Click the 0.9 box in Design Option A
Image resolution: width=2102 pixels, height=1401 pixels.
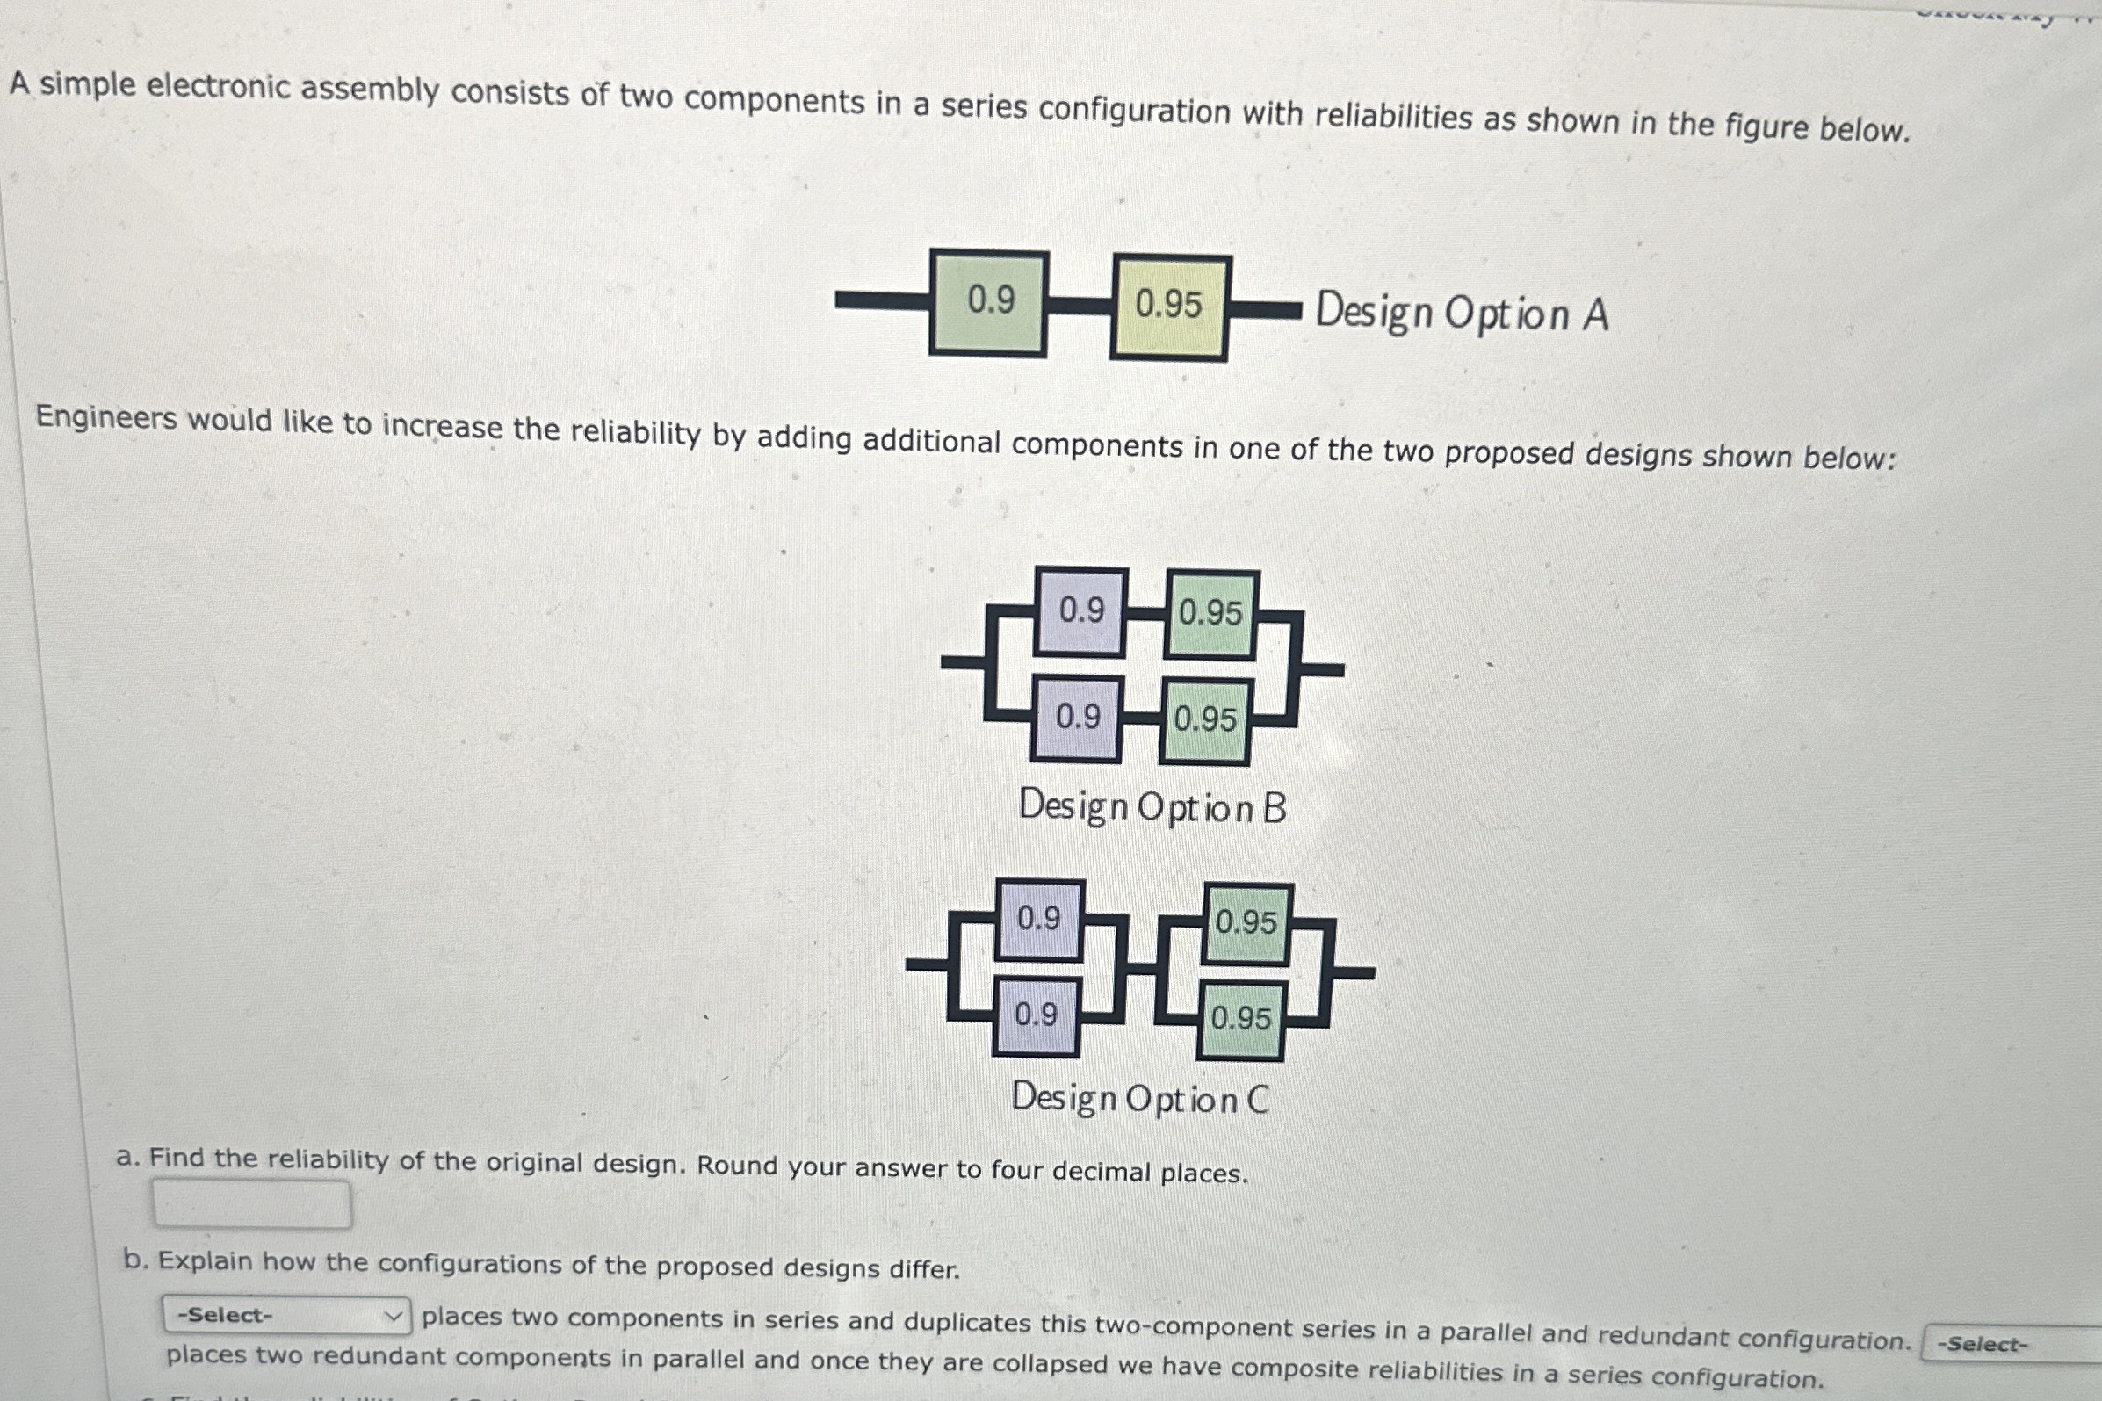(x=989, y=303)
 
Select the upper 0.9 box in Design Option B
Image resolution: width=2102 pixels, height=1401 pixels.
(x=1081, y=612)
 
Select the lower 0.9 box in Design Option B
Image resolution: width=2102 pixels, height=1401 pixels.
(x=1078, y=719)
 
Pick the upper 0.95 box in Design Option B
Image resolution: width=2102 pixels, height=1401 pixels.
(x=1211, y=615)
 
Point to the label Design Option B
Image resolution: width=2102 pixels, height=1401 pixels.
(x=1152, y=808)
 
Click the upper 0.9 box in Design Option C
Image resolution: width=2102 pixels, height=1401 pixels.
(x=1040, y=920)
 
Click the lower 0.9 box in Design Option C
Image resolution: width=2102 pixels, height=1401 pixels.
(x=1037, y=1016)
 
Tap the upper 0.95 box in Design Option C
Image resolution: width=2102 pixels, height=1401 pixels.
(x=1247, y=924)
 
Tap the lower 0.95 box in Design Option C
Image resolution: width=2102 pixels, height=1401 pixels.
(x=1242, y=1021)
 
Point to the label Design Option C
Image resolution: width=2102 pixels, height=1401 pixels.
(x=1140, y=1099)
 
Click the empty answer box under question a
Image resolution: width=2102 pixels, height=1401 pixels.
(x=252, y=1204)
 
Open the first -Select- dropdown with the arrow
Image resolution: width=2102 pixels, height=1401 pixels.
(x=286, y=1315)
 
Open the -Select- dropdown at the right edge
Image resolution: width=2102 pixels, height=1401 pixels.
(x=2010, y=1345)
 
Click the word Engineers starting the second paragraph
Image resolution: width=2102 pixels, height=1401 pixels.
(x=105, y=417)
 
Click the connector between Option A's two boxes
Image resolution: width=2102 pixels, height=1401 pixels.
(x=1080, y=306)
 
